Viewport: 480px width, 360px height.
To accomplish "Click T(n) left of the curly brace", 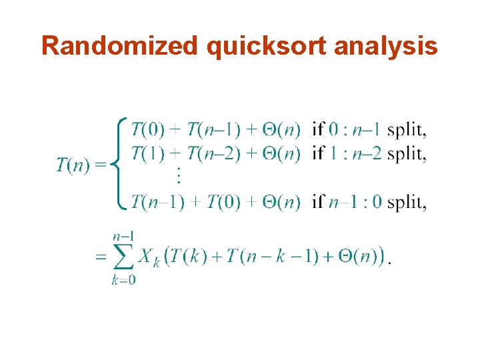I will (73, 164).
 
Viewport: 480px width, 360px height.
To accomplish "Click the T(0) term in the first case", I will (146, 127).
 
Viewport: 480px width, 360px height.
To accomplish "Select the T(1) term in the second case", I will (146, 153).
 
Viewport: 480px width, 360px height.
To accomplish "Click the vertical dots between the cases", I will (178, 176).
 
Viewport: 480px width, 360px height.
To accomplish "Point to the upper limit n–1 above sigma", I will (123, 235).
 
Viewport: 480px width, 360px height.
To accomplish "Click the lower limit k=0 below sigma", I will (123, 280).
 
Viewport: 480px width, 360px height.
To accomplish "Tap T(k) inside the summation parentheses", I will (189, 256).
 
